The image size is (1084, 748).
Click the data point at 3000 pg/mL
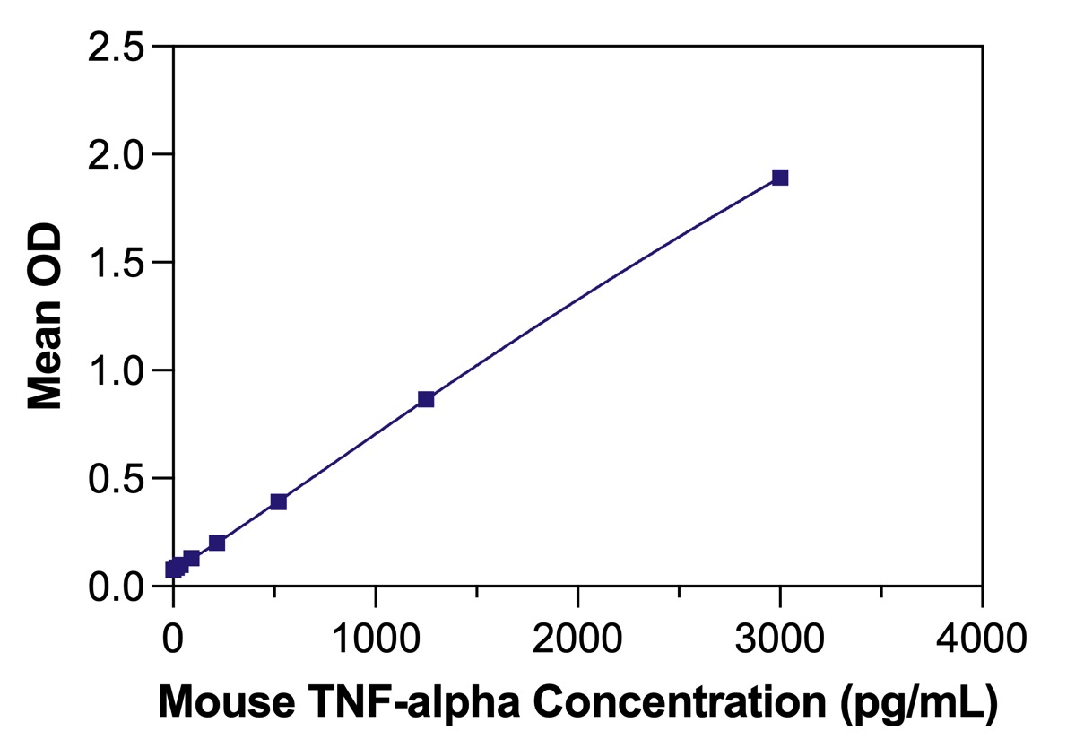780,178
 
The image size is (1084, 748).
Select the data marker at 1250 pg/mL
426,399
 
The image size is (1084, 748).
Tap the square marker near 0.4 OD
279,501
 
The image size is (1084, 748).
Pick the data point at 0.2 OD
217,543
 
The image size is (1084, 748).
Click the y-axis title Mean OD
45,316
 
